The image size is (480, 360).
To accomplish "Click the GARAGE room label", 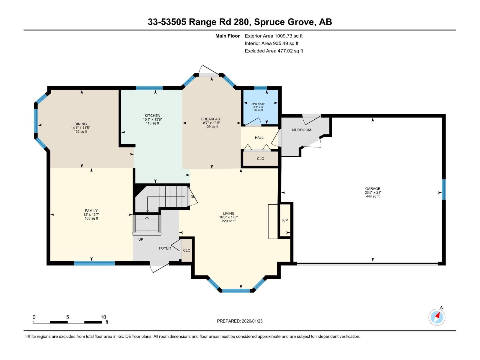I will (x=373, y=189).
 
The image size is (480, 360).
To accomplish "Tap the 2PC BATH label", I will (x=258, y=104).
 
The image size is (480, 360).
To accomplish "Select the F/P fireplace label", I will (x=285, y=220).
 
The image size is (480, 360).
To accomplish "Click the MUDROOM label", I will (x=301, y=130).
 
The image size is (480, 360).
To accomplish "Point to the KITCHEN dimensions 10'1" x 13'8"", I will (x=152, y=119).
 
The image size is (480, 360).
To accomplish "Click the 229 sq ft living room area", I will (x=228, y=221).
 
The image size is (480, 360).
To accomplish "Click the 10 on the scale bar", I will (x=103, y=317).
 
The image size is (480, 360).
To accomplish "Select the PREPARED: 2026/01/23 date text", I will (x=240, y=321).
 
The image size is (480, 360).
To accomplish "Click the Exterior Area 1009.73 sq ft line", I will (x=274, y=36).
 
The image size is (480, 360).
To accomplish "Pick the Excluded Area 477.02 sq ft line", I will (x=274, y=51).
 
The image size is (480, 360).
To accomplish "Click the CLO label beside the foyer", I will (x=187, y=250).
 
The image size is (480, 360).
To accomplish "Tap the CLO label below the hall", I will (x=260, y=158).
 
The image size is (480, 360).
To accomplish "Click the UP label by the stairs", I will (x=141, y=239).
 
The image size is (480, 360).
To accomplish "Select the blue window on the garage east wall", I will (x=444, y=189).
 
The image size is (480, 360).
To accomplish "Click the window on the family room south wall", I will (x=94, y=263).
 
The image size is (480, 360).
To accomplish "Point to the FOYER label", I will (x=165, y=248).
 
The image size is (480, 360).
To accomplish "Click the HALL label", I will (x=259, y=138).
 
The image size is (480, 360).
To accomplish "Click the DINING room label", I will (x=80, y=124).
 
